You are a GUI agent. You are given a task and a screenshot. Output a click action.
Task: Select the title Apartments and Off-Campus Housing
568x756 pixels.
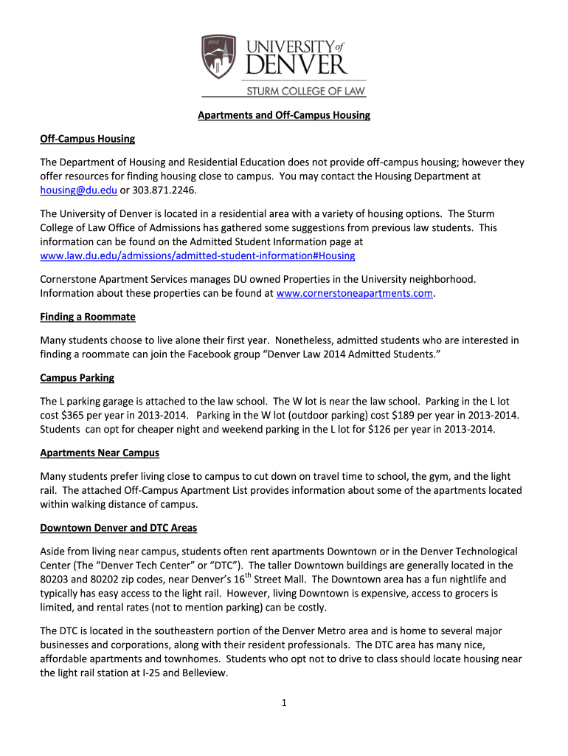coord(283,115)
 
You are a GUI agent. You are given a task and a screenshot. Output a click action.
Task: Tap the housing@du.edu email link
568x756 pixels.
coord(76,190)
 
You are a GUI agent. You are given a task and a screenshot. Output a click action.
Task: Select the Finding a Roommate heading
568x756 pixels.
coord(88,317)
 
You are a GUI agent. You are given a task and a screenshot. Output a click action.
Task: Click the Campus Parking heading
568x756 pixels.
coord(77,378)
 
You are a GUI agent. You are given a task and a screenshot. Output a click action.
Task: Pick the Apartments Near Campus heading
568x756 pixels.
coord(100,453)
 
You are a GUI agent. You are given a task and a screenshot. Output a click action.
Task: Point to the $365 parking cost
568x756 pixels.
coord(75,416)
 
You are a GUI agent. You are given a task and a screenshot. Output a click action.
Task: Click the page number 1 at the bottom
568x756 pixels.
coord(283,702)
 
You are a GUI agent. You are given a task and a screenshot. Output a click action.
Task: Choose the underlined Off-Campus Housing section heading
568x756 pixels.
coord(87,139)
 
